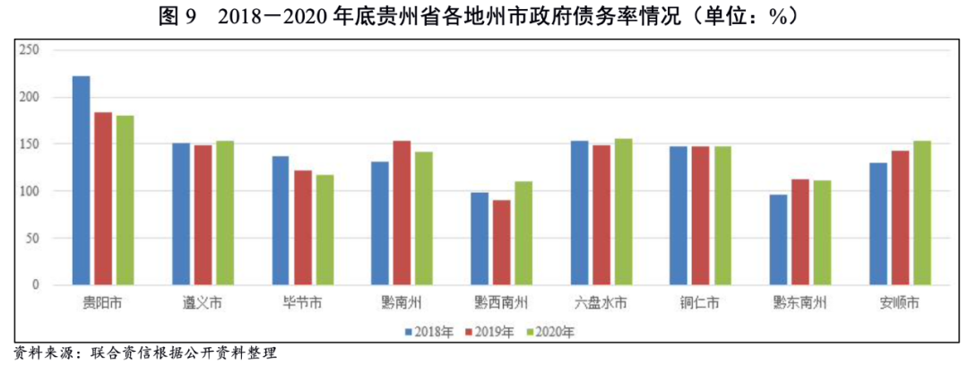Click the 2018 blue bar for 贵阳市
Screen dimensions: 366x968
click(x=81, y=180)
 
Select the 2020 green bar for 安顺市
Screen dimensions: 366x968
click(x=922, y=213)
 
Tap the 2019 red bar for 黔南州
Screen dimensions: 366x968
click(x=401, y=213)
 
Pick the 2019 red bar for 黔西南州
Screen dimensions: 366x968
click(x=500, y=242)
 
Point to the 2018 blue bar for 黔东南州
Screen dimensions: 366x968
click(x=777, y=240)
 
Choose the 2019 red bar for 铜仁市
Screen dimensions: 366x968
click(x=699, y=215)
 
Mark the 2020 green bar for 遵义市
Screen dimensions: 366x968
click(x=226, y=213)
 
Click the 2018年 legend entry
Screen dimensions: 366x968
click(x=429, y=332)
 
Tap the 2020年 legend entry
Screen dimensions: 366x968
click(x=549, y=332)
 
